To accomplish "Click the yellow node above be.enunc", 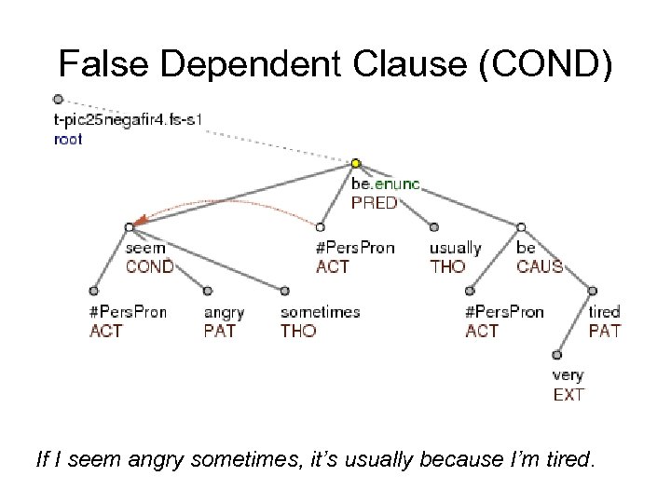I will click(x=356, y=164).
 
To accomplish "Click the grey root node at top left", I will click(x=58, y=99).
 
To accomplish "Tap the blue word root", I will click(x=69, y=140).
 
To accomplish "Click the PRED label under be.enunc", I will click(x=374, y=202).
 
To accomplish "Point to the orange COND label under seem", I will click(x=150, y=267).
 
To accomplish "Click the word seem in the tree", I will click(x=145, y=249).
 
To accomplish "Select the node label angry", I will click(x=224, y=312).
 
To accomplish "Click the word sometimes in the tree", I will click(x=320, y=312).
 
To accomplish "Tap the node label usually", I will click(x=455, y=249).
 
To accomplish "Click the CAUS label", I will click(x=540, y=267).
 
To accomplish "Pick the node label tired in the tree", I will click(x=605, y=312).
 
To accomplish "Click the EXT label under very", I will click(x=568, y=395).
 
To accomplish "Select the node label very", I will click(x=568, y=375).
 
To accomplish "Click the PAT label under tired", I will click(x=605, y=331).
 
